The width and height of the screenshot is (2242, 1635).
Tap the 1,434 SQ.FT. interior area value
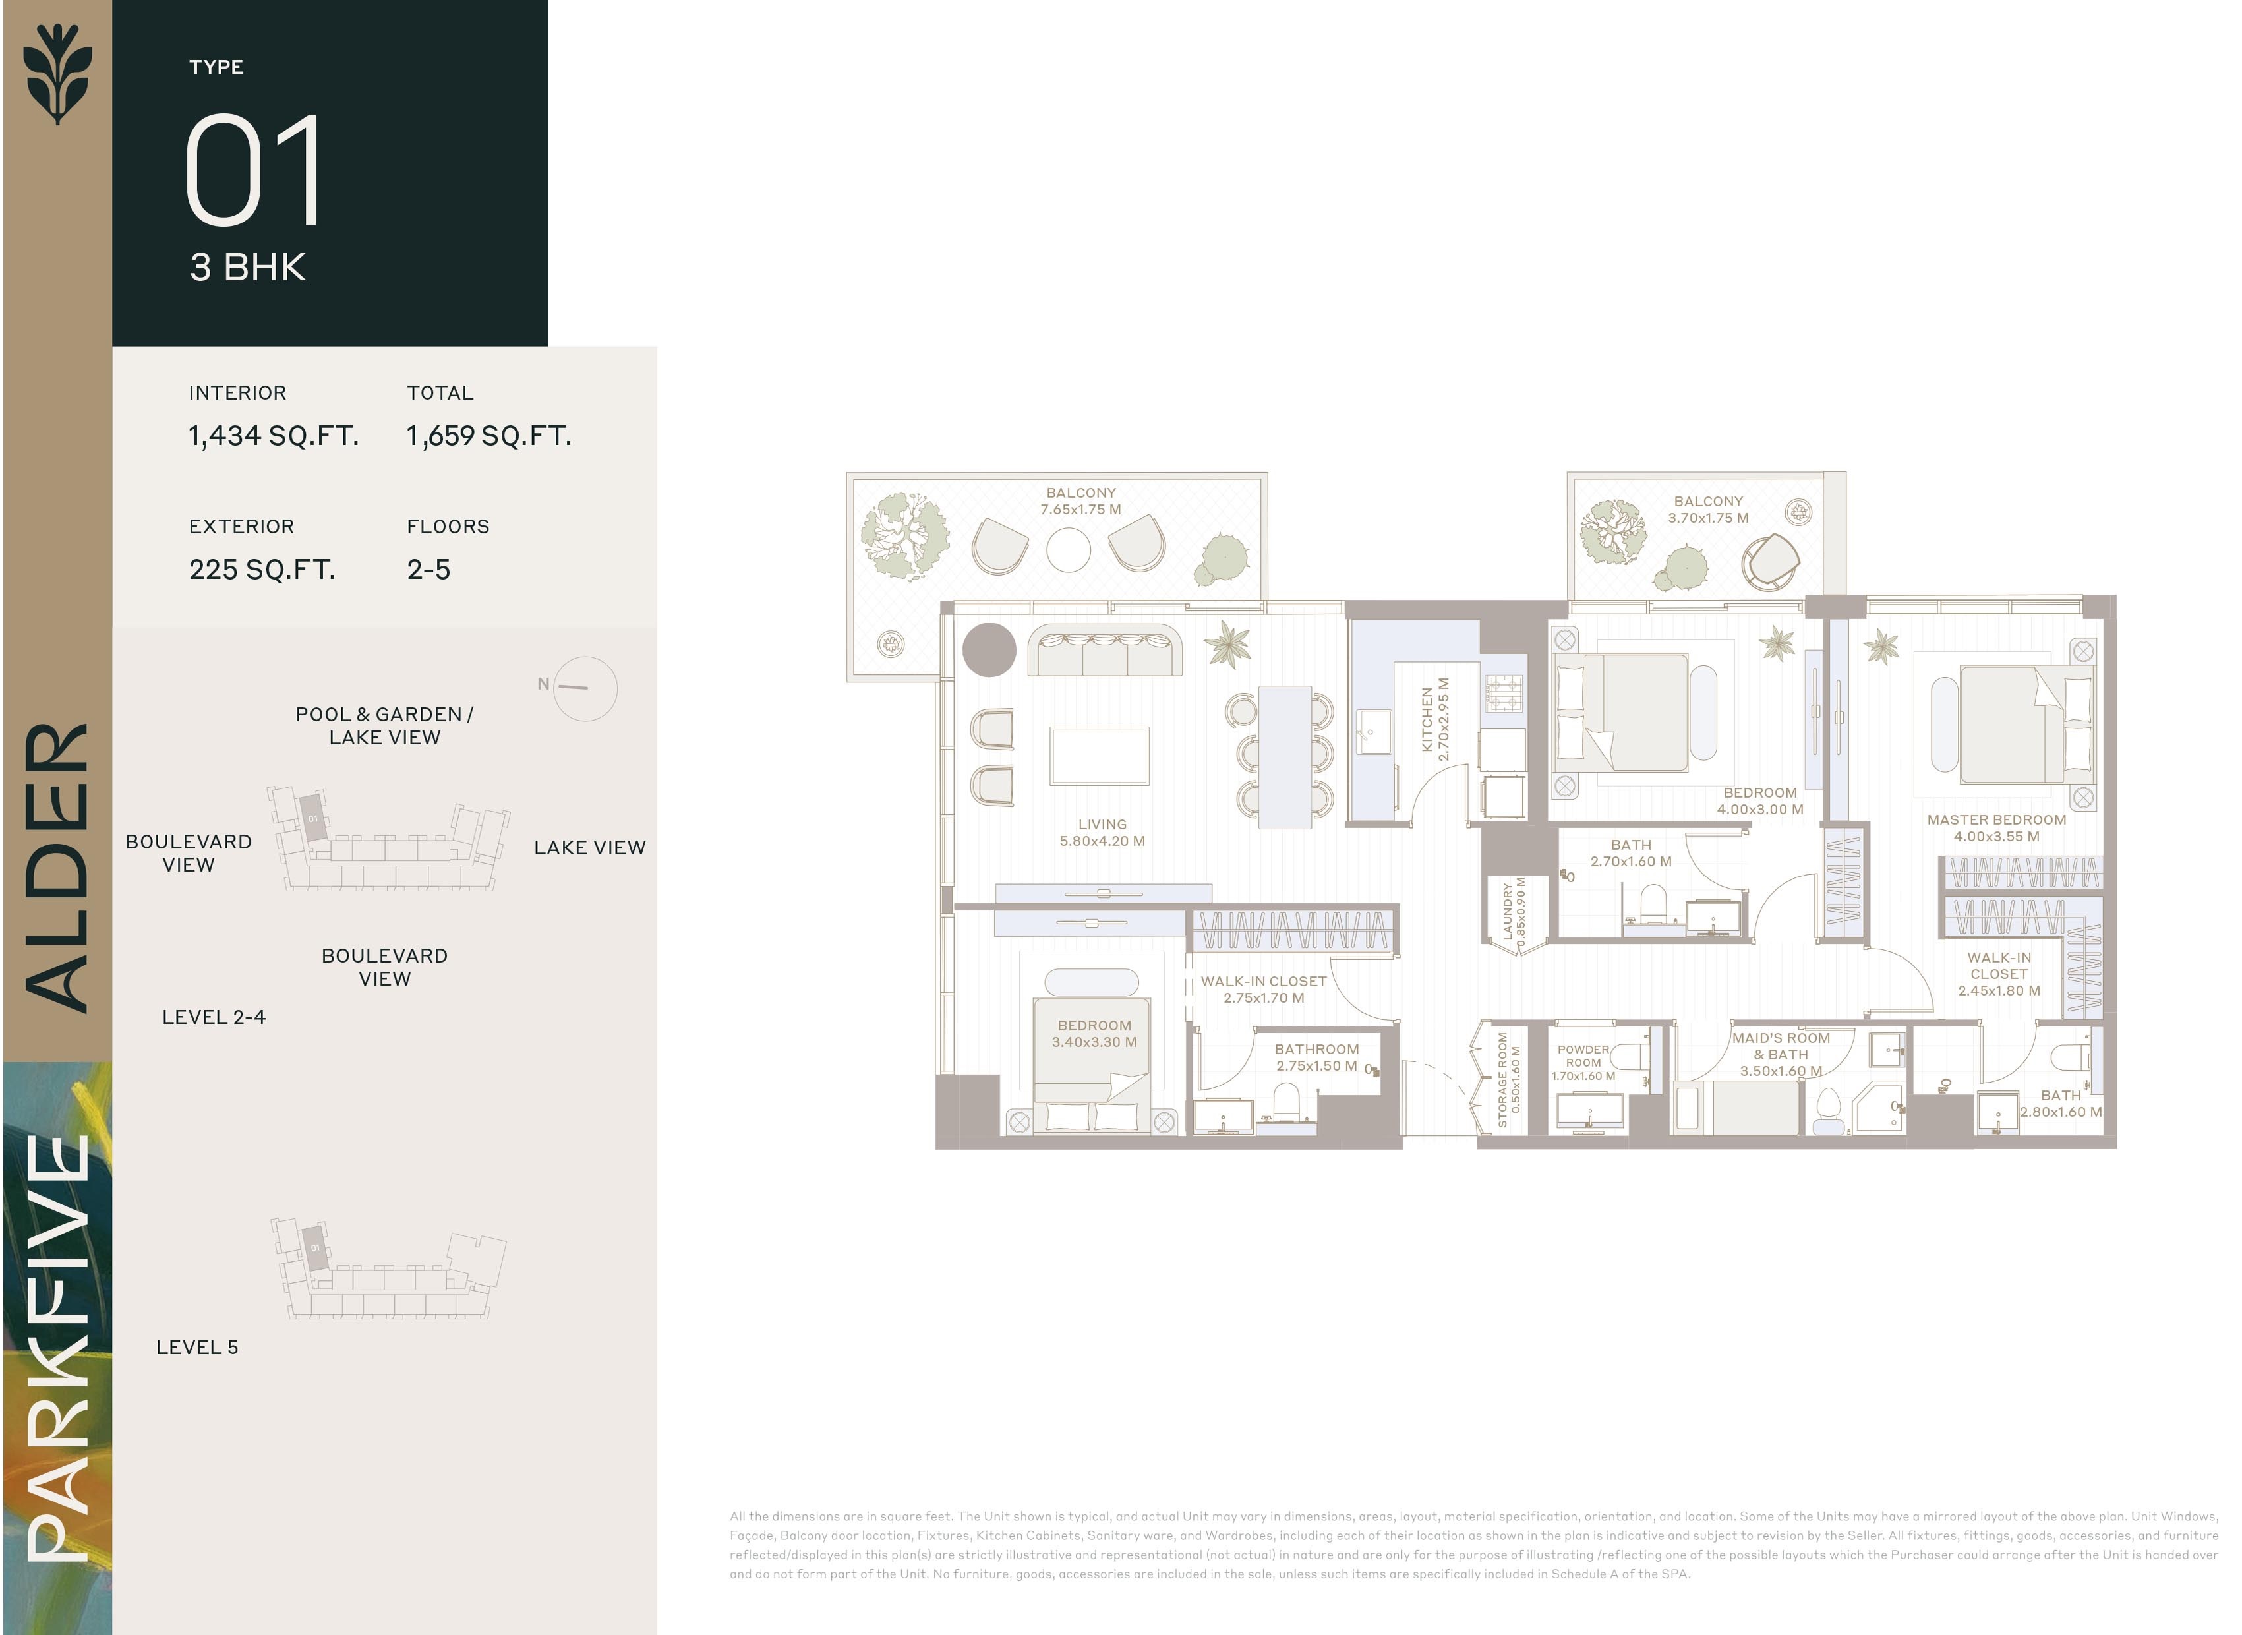pyautogui.click(x=273, y=436)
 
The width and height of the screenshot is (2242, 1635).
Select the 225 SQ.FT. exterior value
pyautogui.click(x=262, y=569)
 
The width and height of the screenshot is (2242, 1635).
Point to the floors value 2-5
pyautogui.click(x=428, y=569)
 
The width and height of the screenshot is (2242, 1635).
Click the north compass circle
pyautogui.click(x=585, y=688)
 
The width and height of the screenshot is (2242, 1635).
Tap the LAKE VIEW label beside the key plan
pyautogui.click(x=590, y=847)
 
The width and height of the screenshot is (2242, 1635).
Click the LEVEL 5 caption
pyautogui.click(x=197, y=1347)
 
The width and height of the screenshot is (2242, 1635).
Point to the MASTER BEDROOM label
pyautogui.click(x=1995, y=827)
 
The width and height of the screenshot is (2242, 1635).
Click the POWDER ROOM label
pyautogui.click(x=1583, y=1062)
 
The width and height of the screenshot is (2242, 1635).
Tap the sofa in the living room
pyautogui.click(x=1104, y=651)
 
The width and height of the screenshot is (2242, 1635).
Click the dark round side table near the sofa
pyautogui.click(x=988, y=650)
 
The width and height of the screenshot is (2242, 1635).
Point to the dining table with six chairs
pyautogui.click(x=1284, y=757)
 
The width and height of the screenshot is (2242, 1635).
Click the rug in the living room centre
pyautogui.click(x=1099, y=756)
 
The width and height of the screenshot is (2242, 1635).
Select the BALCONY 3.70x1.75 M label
pyautogui.click(x=1708, y=509)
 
